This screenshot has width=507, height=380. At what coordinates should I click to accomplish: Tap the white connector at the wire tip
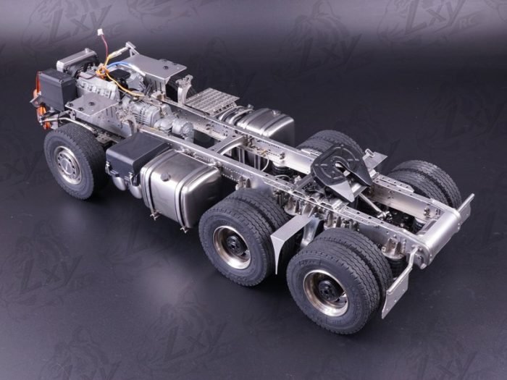[x=101, y=34]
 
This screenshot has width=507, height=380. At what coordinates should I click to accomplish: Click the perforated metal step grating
[x=211, y=101]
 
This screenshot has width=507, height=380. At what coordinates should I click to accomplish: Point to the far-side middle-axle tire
[x=326, y=140]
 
